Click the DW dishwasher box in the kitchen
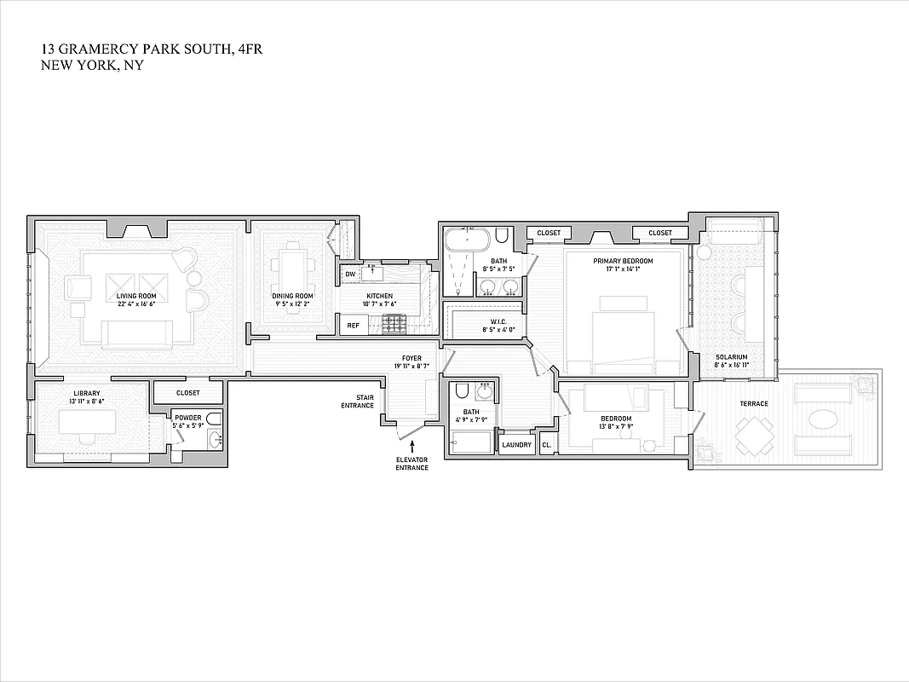(350, 274)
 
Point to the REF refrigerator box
(352, 325)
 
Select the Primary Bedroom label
(623, 261)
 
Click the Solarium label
(731, 357)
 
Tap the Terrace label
(753, 403)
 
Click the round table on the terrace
(823, 419)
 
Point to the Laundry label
(516, 445)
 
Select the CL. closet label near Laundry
(546, 445)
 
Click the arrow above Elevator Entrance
(412, 447)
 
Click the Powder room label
(187, 417)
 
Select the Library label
(86, 393)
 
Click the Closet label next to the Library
(187, 393)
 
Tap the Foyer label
(412, 358)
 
